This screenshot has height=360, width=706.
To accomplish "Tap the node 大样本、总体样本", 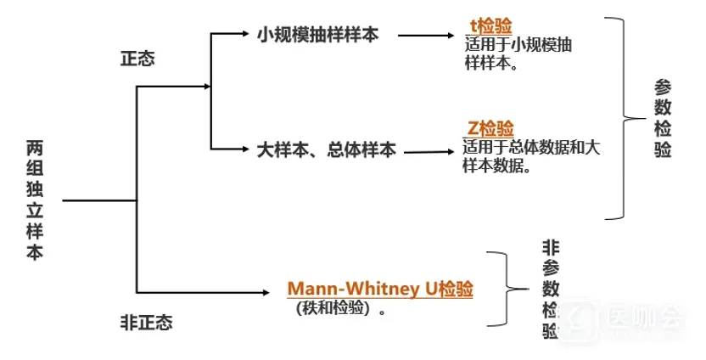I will (x=326, y=150).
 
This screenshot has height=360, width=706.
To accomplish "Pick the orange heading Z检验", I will (x=490, y=129).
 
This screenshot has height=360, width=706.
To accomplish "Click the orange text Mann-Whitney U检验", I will (x=380, y=289).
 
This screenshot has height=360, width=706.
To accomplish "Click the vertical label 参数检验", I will (x=663, y=118).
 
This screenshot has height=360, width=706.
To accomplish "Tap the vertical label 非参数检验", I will (x=551, y=290).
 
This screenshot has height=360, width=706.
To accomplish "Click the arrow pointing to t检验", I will (x=428, y=37).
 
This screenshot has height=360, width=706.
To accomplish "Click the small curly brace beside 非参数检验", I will (x=507, y=288).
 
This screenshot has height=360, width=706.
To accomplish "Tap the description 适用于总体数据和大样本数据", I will (x=532, y=157).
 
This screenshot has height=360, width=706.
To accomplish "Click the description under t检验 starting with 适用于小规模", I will (x=518, y=53).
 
